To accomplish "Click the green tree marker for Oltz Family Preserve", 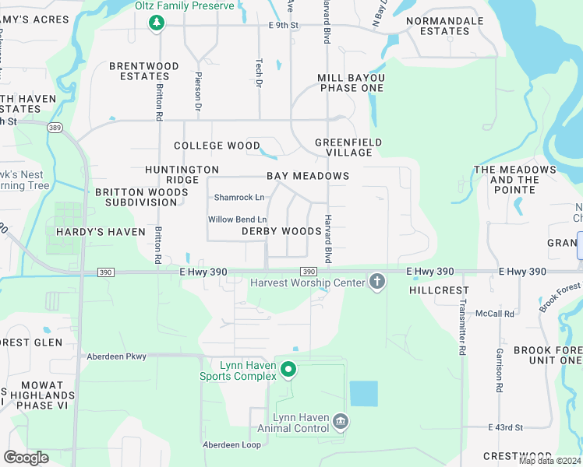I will pyautogui.click(x=157, y=23).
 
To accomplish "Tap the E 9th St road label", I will pyautogui.click(x=284, y=25).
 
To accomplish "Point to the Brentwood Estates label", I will pyautogui.click(x=144, y=71).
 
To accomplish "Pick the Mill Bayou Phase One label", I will pyautogui.click(x=351, y=83).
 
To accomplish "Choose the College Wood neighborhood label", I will pyautogui.click(x=217, y=146).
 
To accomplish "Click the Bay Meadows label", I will pyautogui.click(x=308, y=176).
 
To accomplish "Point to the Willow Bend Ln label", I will pyautogui.click(x=237, y=219).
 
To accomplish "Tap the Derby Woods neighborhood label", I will pyautogui.click(x=281, y=231).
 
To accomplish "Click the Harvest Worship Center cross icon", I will pyautogui.click(x=377, y=281).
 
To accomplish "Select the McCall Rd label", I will pyautogui.click(x=498, y=314).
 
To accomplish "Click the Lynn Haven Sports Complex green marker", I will pyautogui.click(x=288, y=369).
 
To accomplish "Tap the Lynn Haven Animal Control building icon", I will pyautogui.click(x=340, y=422).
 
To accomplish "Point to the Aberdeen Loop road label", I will pyautogui.click(x=231, y=444).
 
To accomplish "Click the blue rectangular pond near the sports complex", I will pyautogui.click(x=363, y=394).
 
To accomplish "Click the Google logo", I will pyautogui.click(x=26, y=458).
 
